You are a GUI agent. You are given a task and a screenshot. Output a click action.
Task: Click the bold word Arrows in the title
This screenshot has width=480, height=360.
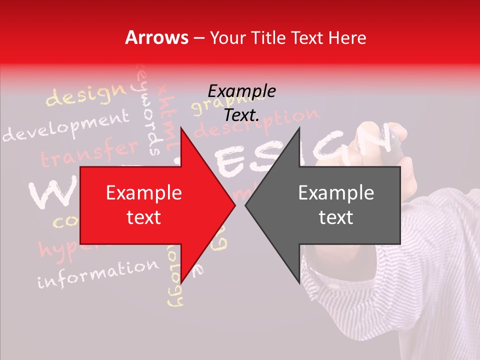(x=157, y=37)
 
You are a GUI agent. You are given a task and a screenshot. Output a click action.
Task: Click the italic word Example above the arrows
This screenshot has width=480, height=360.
(x=241, y=91)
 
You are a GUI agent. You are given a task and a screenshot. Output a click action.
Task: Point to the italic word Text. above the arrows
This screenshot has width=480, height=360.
(x=241, y=115)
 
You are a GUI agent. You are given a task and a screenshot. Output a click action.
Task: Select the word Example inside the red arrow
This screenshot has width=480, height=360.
(x=144, y=193)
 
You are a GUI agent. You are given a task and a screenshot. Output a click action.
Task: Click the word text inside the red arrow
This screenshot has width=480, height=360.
(x=144, y=217)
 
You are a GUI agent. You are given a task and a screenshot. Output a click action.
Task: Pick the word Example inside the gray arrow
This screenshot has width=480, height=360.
(x=336, y=193)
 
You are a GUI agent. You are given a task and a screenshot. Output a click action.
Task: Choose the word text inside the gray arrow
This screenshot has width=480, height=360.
(x=336, y=217)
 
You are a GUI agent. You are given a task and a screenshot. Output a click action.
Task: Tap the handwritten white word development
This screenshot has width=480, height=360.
(x=65, y=127)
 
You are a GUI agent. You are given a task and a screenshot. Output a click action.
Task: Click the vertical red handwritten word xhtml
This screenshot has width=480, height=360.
(x=167, y=115)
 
